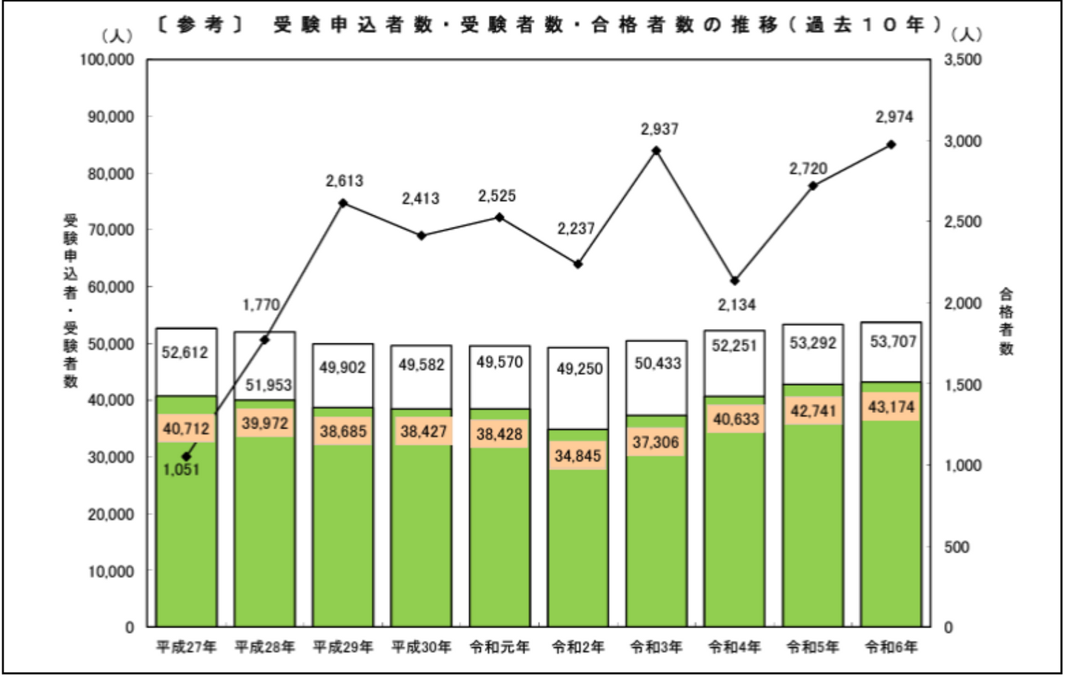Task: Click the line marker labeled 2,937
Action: [x=656, y=150]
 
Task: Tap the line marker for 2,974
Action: [x=891, y=145]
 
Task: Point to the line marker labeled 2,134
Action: [x=734, y=281]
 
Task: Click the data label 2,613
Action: [x=345, y=181]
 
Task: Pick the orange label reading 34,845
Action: [x=578, y=455]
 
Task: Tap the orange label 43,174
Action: [x=891, y=407]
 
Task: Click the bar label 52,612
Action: [x=185, y=353]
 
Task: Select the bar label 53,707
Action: [x=893, y=342]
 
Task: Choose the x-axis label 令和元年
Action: [x=499, y=647]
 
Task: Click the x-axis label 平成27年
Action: [x=186, y=647]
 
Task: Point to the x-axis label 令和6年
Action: [x=891, y=647]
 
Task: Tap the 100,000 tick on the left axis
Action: [x=107, y=60]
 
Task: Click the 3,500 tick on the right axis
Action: [x=962, y=60]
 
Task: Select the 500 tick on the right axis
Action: [x=956, y=547]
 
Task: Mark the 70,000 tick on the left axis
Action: [x=111, y=230]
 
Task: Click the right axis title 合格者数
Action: [x=1005, y=322]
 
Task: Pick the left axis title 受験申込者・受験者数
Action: [x=70, y=300]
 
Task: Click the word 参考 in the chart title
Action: [x=200, y=25]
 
